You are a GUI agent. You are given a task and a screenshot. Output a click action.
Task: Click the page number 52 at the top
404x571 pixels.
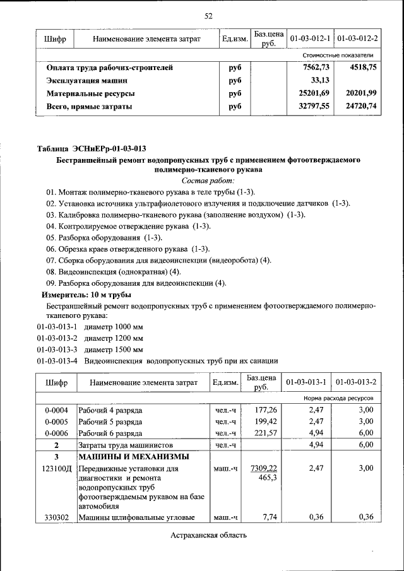[208, 16]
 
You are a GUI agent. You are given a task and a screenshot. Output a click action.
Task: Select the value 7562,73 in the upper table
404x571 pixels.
[316, 68]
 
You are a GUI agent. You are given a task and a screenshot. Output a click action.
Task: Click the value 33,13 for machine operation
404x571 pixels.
[321, 81]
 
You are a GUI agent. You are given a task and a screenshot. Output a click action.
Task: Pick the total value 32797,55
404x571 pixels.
[314, 107]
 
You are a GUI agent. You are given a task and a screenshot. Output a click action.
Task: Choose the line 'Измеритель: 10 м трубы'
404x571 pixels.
[86, 295]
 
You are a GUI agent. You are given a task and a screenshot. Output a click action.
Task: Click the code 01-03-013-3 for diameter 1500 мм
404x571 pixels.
[57, 349]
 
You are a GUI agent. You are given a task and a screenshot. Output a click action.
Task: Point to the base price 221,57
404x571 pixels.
[264, 433]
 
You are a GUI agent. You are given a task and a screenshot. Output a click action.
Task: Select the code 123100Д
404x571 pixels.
[59, 469]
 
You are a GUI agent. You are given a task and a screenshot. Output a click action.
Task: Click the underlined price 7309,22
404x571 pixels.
[264, 468]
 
